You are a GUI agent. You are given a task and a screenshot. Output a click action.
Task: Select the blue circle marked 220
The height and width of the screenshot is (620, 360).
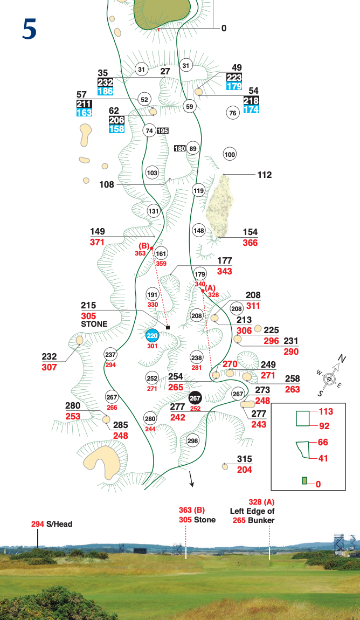tap(153, 335)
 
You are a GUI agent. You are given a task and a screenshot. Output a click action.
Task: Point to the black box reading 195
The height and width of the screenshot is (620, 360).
tap(163, 131)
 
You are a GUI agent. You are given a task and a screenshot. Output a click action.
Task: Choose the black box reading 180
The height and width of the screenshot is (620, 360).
tap(180, 148)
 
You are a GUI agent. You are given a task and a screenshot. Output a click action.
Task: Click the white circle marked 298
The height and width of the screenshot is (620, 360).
tap(193, 441)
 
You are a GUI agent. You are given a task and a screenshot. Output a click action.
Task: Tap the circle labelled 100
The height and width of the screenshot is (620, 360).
tap(230, 155)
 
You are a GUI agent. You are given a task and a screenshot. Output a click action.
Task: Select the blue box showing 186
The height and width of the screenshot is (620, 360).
tap(106, 92)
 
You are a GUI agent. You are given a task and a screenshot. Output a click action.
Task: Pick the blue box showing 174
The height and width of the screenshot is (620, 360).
tap(251, 109)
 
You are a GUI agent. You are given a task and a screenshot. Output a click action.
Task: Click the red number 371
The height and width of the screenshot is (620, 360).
tap(97, 243)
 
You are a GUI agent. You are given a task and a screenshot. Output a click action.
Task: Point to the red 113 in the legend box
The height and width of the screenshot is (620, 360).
tap(326, 412)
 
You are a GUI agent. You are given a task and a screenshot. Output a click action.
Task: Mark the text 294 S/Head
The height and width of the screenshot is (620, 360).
tap(52, 523)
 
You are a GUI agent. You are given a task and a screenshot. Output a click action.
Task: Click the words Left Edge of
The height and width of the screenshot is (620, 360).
tap(252, 511)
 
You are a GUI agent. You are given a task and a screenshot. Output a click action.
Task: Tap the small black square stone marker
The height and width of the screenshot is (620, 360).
tap(168, 327)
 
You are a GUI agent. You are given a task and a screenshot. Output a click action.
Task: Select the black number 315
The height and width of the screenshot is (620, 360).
tap(245, 459)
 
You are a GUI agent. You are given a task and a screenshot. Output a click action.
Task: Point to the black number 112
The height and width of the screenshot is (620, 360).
tap(265, 175)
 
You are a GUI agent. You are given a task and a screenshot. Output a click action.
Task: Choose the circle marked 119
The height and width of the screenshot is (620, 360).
tap(198, 190)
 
